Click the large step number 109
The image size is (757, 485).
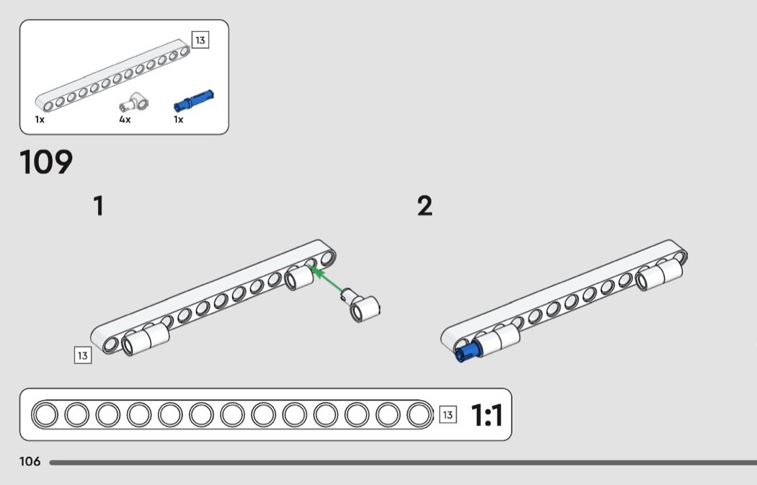tap(47, 163)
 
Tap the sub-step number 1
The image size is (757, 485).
tap(98, 207)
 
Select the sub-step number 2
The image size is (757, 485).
tap(425, 207)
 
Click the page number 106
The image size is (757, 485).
tap(30, 462)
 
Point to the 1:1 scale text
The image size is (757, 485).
tap(486, 415)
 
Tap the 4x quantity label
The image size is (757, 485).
tap(125, 120)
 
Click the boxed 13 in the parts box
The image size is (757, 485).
tap(200, 40)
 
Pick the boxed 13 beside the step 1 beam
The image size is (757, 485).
tap(83, 355)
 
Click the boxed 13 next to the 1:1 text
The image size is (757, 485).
tap(448, 414)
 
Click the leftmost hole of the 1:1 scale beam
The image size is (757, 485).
tap(45, 415)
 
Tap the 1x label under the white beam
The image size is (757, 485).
tap(40, 120)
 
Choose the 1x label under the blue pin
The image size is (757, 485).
tap(178, 120)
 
